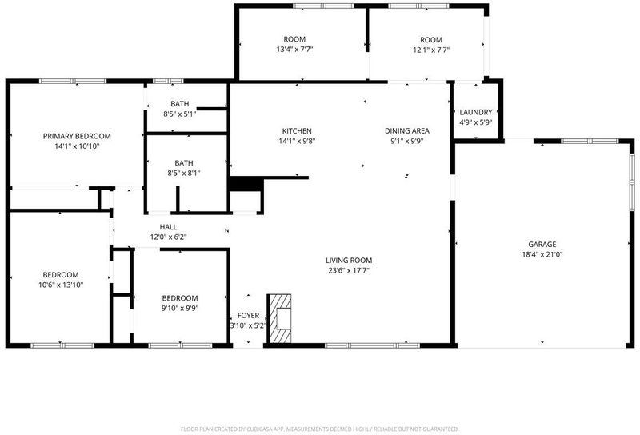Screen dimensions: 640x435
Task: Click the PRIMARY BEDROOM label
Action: pyautogui.click(x=77, y=136)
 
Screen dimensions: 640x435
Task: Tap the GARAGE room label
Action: pyautogui.click(x=542, y=245)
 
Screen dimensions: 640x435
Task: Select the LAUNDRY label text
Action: pyautogui.click(x=475, y=112)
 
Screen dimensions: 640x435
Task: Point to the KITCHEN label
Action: pyautogui.click(x=297, y=131)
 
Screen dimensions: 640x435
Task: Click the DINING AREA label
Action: pyautogui.click(x=407, y=130)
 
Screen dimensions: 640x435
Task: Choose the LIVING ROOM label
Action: pyautogui.click(x=349, y=261)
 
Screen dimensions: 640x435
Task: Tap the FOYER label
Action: pyautogui.click(x=248, y=315)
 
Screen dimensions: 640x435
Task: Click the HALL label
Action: pyautogui.click(x=168, y=227)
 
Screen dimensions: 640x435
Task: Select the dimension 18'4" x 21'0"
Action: pyautogui.click(x=542, y=254)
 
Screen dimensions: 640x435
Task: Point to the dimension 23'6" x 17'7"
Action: pyautogui.click(x=349, y=270)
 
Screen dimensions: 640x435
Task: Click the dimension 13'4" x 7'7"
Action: pyautogui.click(x=294, y=50)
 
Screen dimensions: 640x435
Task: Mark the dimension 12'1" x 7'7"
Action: pyautogui.click(x=431, y=50)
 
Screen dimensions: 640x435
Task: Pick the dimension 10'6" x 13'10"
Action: pyautogui.click(x=61, y=285)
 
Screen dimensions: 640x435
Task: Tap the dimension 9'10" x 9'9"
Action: pyautogui.click(x=180, y=308)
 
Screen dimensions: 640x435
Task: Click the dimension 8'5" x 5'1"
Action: pyautogui.click(x=179, y=114)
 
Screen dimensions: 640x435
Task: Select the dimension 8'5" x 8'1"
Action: pyautogui.click(x=184, y=173)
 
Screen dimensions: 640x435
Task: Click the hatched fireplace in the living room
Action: pyautogui.click(x=279, y=319)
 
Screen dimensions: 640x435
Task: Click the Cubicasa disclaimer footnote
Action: pyautogui.click(x=319, y=429)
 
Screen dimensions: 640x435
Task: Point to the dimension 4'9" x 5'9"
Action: pyautogui.click(x=475, y=122)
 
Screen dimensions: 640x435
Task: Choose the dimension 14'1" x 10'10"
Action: pyautogui.click(x=77, y=146)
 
